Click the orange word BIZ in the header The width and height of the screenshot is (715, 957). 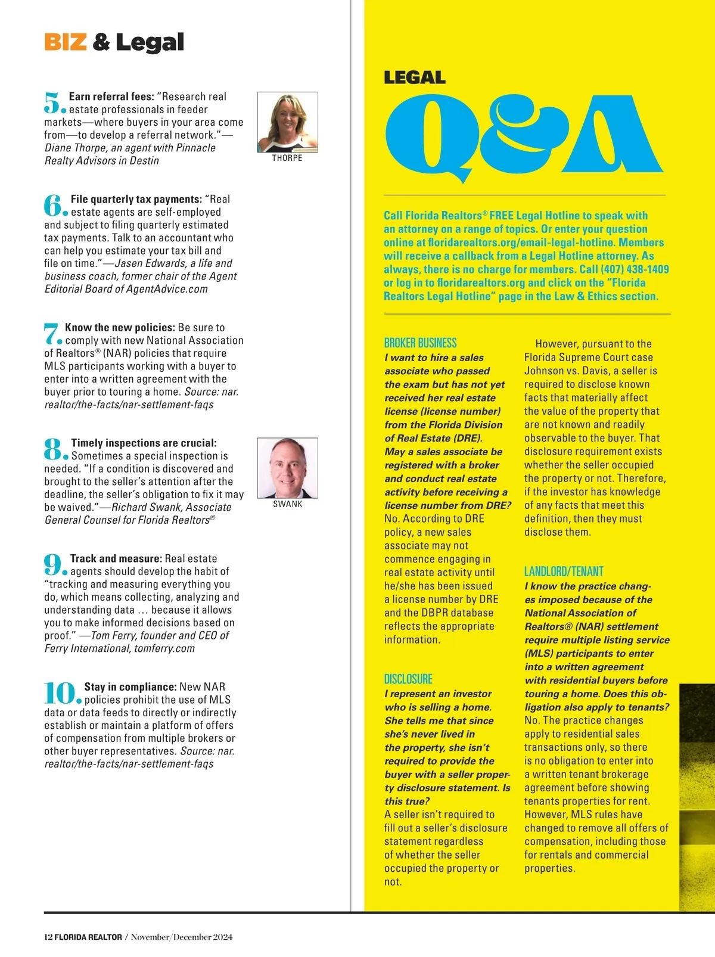click(66, 42)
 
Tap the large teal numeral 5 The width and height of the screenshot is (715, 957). click(53, 103)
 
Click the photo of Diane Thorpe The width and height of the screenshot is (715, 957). click(287, 122)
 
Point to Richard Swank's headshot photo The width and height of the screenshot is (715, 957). click(287, 468)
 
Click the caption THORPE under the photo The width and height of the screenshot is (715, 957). click(287, 159)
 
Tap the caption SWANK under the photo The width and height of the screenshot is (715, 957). click(288, 504)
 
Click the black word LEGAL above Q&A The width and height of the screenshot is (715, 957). click(415, 78)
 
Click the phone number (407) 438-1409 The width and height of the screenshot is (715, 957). click(635, 269)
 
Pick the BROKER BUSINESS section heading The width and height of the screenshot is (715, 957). click(421, 343)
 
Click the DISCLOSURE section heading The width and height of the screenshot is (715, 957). click(408, 679)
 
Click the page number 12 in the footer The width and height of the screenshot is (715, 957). click(48, 937)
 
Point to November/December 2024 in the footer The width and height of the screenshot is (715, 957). click(182, 937)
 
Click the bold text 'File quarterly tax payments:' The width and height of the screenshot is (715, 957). click(136, 200)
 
